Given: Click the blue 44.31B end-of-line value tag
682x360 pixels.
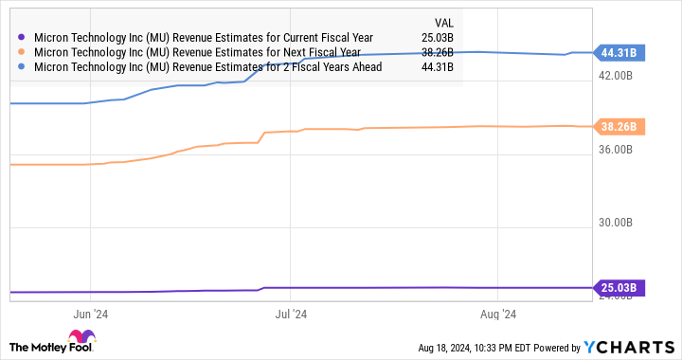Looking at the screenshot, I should [x=618, y=53].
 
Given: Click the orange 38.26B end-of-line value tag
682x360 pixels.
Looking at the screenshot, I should [x=618, y=126].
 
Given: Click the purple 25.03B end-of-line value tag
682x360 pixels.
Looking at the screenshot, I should [x=618, y=287].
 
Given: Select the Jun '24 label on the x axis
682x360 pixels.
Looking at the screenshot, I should [x=88, y=314].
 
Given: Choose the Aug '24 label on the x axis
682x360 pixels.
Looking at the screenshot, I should [x=497, y=314].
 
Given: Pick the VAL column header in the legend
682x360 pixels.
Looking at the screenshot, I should [x=443, y=22].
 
